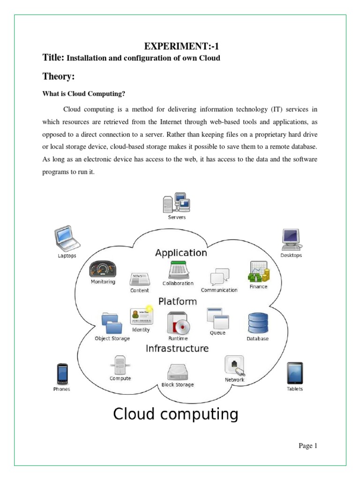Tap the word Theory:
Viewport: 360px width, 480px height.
point(59,76)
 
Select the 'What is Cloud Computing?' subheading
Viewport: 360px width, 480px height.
point(84,94)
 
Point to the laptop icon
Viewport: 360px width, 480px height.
point(66,240)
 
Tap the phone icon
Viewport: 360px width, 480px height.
point(62,374)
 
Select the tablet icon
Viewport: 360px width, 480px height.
point(294,374)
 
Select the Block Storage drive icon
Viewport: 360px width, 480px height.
point(178,372)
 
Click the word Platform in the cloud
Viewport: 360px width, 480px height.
point(178,301)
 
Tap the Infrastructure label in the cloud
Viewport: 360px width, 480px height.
point(177,349)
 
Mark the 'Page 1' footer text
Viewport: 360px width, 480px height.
point(308,446)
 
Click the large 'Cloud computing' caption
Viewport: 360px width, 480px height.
point(176,414)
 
